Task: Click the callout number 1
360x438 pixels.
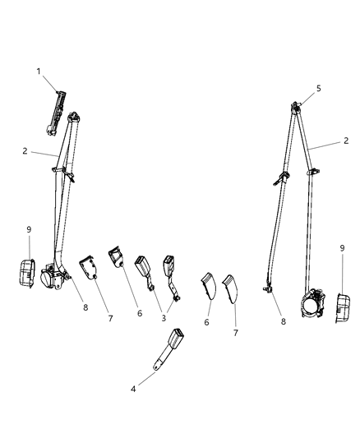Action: [38, 71]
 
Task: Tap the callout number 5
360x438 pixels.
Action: [319, 88]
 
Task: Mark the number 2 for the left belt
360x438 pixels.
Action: [25, 151]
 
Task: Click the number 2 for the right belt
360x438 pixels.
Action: [345, 142]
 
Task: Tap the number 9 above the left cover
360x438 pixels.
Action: [30, 229]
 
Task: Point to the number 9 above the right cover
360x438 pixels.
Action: [342, 247]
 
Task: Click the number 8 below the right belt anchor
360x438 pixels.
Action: [284, 322]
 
